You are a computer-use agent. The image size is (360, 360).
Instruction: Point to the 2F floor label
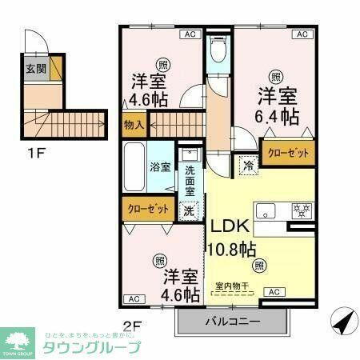click(132, 326)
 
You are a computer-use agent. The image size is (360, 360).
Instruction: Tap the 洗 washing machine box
click(189, 211)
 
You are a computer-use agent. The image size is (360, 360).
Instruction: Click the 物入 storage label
click(134, 125)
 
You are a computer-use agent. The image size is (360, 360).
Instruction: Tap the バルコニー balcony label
click(232, 322)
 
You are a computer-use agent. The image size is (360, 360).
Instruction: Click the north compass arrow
click(342, 321)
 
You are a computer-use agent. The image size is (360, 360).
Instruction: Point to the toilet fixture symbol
click(216, 51)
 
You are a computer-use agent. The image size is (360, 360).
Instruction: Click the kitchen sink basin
click(266, 211)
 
